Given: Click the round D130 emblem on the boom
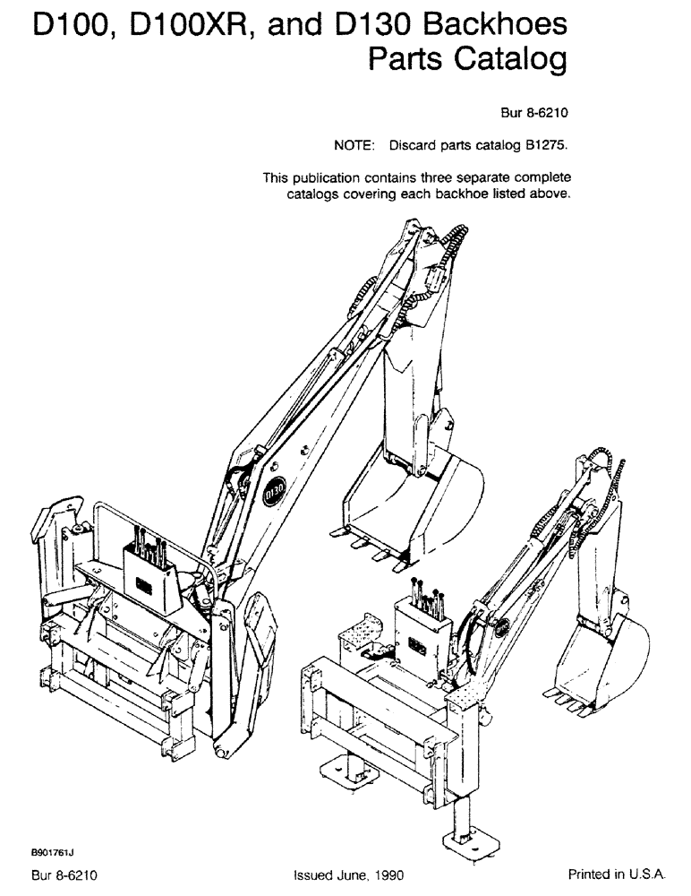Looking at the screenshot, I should [276, 491].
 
